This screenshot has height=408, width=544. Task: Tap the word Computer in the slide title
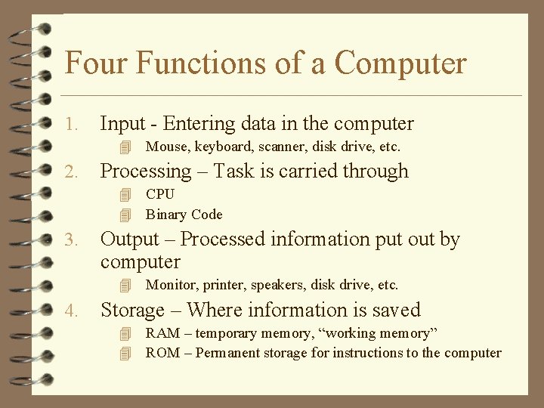(x=400, y=63)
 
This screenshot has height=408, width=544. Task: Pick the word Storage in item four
(x=133, y=310)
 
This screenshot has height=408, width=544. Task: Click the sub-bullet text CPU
(x=160, y=194)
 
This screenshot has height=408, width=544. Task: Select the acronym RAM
(x=162, y=333)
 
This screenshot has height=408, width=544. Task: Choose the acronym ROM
(x=162, y=353)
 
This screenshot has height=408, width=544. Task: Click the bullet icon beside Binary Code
(x=125, y=215)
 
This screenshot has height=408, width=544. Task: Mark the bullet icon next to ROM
(x=125, y=353)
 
